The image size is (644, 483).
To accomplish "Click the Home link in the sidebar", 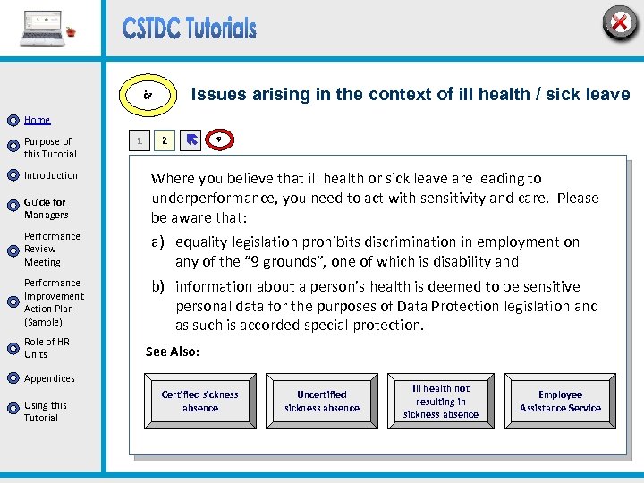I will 37,120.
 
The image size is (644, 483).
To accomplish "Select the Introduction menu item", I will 51,175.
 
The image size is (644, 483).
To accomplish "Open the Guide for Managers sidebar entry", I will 45,208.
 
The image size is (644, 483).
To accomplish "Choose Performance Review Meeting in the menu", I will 52,250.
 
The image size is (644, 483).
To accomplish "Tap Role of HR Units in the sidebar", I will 47,348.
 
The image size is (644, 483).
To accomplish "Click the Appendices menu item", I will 49,378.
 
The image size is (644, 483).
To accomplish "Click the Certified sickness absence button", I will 200,401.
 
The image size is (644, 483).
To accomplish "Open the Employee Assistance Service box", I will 561,401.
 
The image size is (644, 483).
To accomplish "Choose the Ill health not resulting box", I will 441,401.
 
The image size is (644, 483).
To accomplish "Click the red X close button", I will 619,22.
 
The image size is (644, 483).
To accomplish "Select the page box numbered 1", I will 138,140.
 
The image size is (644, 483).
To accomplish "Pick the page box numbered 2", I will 163,140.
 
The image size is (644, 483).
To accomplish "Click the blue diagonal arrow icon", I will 191,140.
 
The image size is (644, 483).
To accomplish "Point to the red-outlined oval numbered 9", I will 219,140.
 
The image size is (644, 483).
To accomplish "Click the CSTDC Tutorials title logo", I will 190,29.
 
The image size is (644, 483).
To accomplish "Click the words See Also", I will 173,352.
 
